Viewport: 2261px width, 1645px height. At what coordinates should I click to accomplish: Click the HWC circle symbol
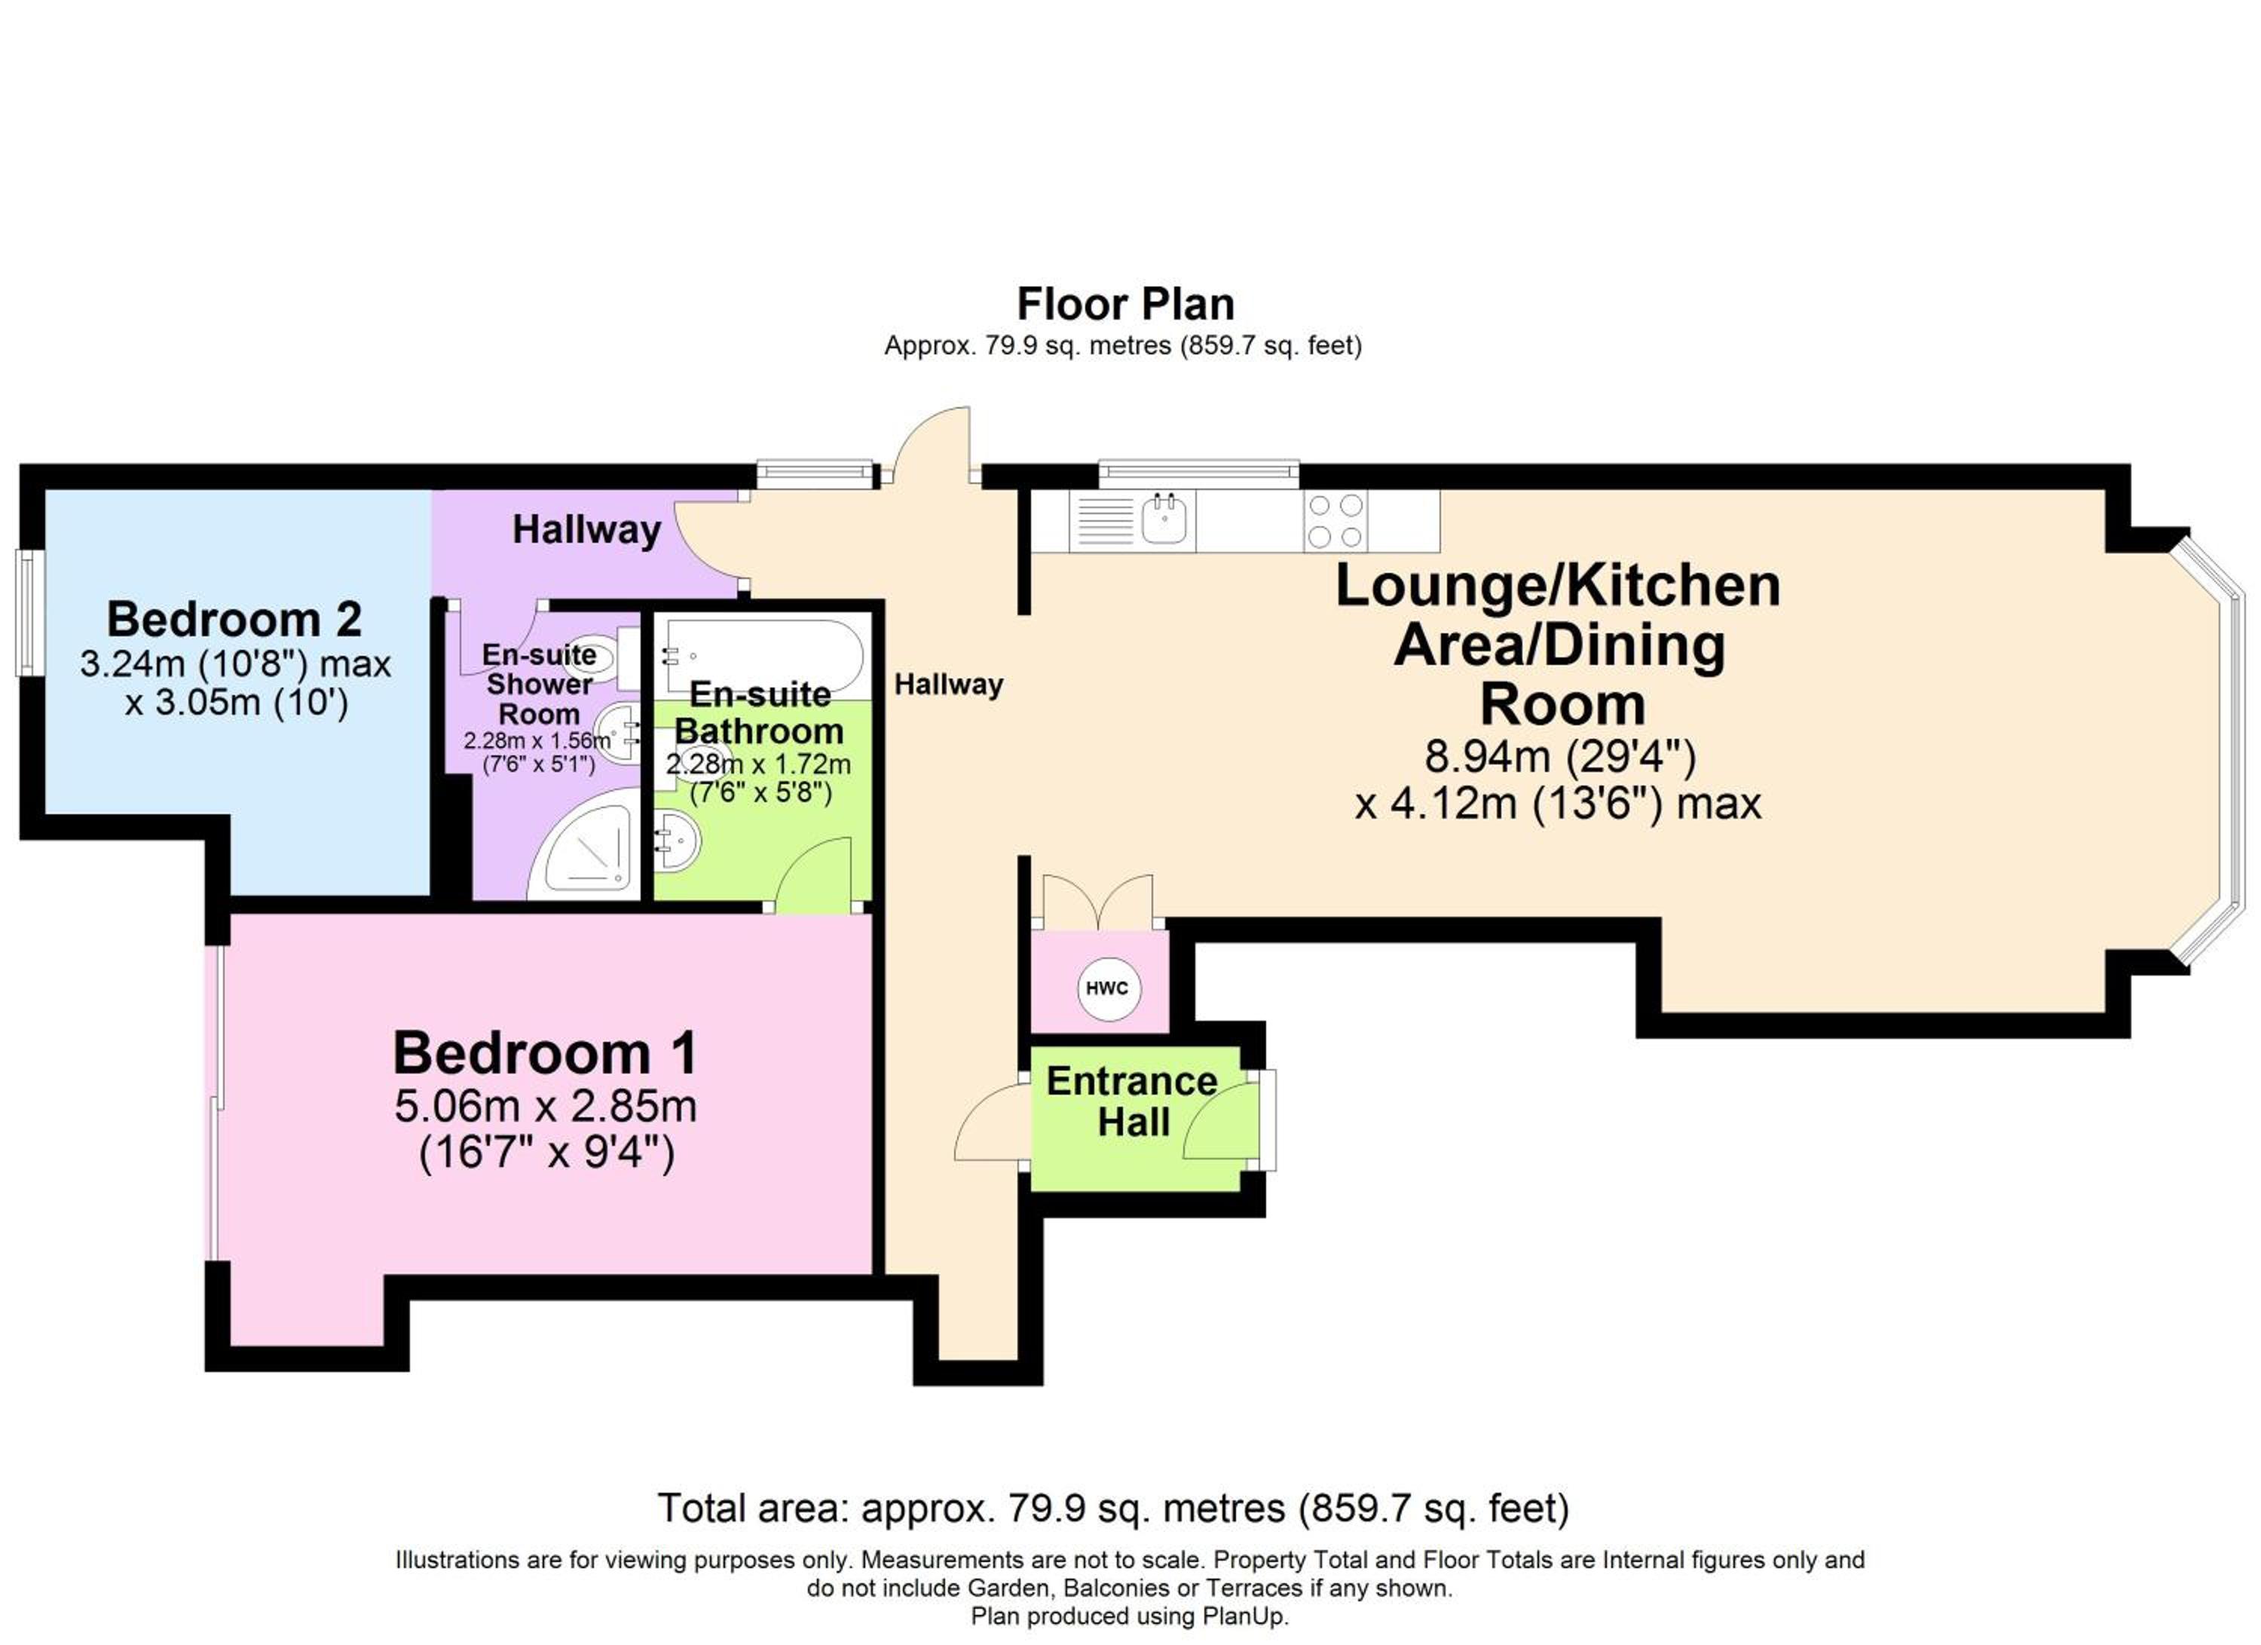coord(1106,988)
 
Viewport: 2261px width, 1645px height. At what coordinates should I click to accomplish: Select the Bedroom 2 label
coord(234,619)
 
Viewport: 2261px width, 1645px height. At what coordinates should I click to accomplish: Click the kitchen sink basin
coord(1164,519)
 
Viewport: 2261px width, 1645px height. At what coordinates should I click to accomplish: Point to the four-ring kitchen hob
coord(1335,520)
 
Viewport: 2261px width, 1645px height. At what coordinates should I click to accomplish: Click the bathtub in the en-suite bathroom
coord(763,654)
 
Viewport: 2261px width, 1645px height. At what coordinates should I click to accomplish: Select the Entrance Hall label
coord(1133,1101)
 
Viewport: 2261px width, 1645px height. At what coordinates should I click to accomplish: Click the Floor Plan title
coord(1125,304)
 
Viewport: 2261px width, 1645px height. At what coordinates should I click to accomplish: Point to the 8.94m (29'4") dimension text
coord(1560,757)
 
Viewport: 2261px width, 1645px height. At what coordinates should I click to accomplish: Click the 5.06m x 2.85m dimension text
coord(546,1107)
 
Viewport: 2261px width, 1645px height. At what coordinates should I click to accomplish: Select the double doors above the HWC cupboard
coord(1097,901)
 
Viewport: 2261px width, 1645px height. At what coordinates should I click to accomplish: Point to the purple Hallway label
coord(586,529)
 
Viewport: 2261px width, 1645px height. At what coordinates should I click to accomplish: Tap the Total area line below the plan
coord(1114,1508)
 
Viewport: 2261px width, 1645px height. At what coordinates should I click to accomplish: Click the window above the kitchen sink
coord(1199,473)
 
